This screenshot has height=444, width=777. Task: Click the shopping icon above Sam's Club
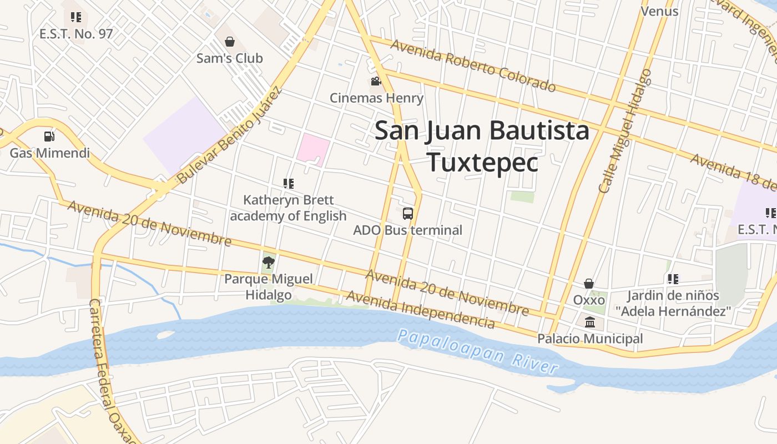click(x=229, y=42)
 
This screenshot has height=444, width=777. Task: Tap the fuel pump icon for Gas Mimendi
click(x=49, y=136)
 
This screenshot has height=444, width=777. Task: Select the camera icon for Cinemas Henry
click(x=376, y=82)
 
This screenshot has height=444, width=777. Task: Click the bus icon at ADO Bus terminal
click(x=407, y=213)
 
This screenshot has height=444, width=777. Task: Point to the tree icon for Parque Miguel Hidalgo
click(x=269, y=262)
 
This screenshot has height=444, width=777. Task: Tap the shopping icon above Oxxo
click(x=589, y=284)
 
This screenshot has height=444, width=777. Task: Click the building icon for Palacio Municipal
click(x=589, y=322)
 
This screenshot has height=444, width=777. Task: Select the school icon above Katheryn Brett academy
click(x=288, y=183)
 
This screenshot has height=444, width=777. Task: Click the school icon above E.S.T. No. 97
click(x=76, y=17)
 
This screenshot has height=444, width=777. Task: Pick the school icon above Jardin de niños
click(x=673, y=279)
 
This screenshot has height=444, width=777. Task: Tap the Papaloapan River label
click(x=477, y=351)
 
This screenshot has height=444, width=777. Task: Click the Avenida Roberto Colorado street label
click(x=473, y=65)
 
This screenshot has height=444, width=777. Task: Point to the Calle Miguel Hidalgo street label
click(x=625, y=131)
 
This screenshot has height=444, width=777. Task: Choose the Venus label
click(x=659, y=11)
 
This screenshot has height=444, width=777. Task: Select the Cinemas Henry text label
click(x=376, y=98)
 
